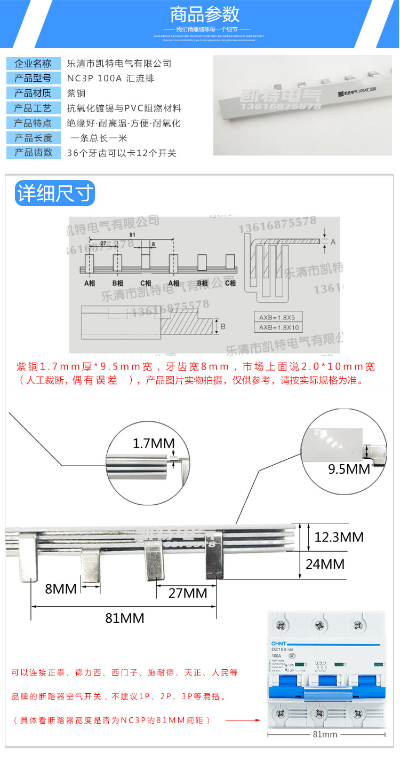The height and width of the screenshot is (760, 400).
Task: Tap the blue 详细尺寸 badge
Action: pyautogui.click(x=55, y=193)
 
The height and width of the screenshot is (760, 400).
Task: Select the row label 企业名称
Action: pyautogui.click(x=33, y=64)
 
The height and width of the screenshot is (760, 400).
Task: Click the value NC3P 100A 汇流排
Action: pyautogui.click(x=110, y=79)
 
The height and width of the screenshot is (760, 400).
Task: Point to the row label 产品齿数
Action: pyautogui.click(x=33, y=153)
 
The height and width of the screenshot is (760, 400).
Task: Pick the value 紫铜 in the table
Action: pyautogui.click(x=76, y=93)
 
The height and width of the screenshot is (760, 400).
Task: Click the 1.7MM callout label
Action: pyautogui.click(x=154, y=443)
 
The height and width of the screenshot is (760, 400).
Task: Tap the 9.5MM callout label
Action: pyautogui.click(x=349, y=468)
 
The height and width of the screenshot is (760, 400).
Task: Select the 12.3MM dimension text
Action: pyautogui.click(x=339, y=537)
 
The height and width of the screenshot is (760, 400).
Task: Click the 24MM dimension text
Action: pyautogui.click(x=325, y=563)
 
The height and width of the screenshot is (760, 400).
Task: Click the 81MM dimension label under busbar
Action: pyautogui.click(x=124, y=618)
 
